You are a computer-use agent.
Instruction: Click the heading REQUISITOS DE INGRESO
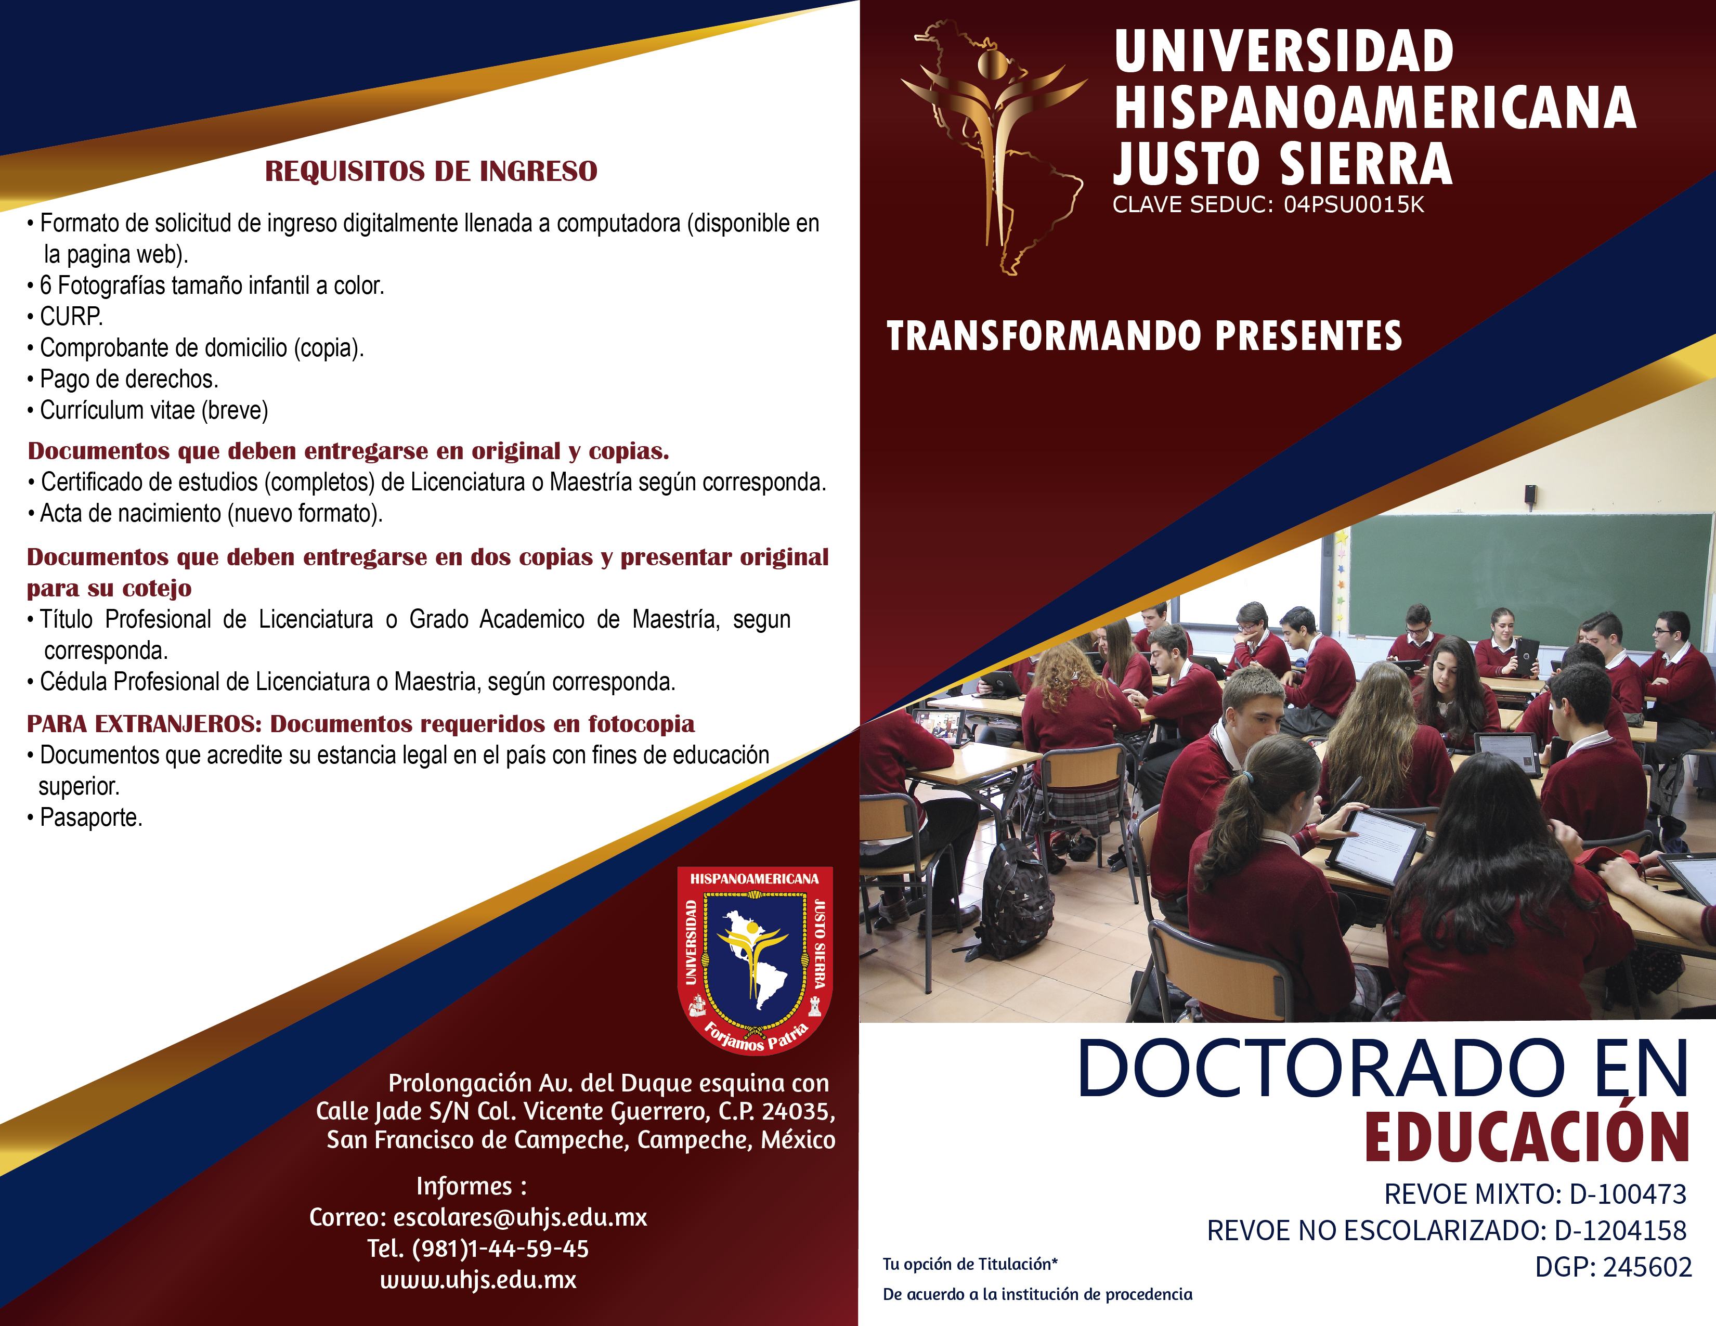(431, 171)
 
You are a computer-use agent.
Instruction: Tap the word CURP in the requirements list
(70, 317)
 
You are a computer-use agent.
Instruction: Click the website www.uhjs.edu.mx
(478, 1280)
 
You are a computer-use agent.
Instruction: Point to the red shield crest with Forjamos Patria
(755, 960)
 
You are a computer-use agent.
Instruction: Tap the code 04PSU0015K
(1353, 205)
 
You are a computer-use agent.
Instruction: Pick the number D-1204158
(1620, 1230)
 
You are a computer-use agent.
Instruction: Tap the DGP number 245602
(1647, 1267)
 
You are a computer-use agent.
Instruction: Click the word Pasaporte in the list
(90, 818)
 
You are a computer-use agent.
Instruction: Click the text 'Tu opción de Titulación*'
(970, 1264)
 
